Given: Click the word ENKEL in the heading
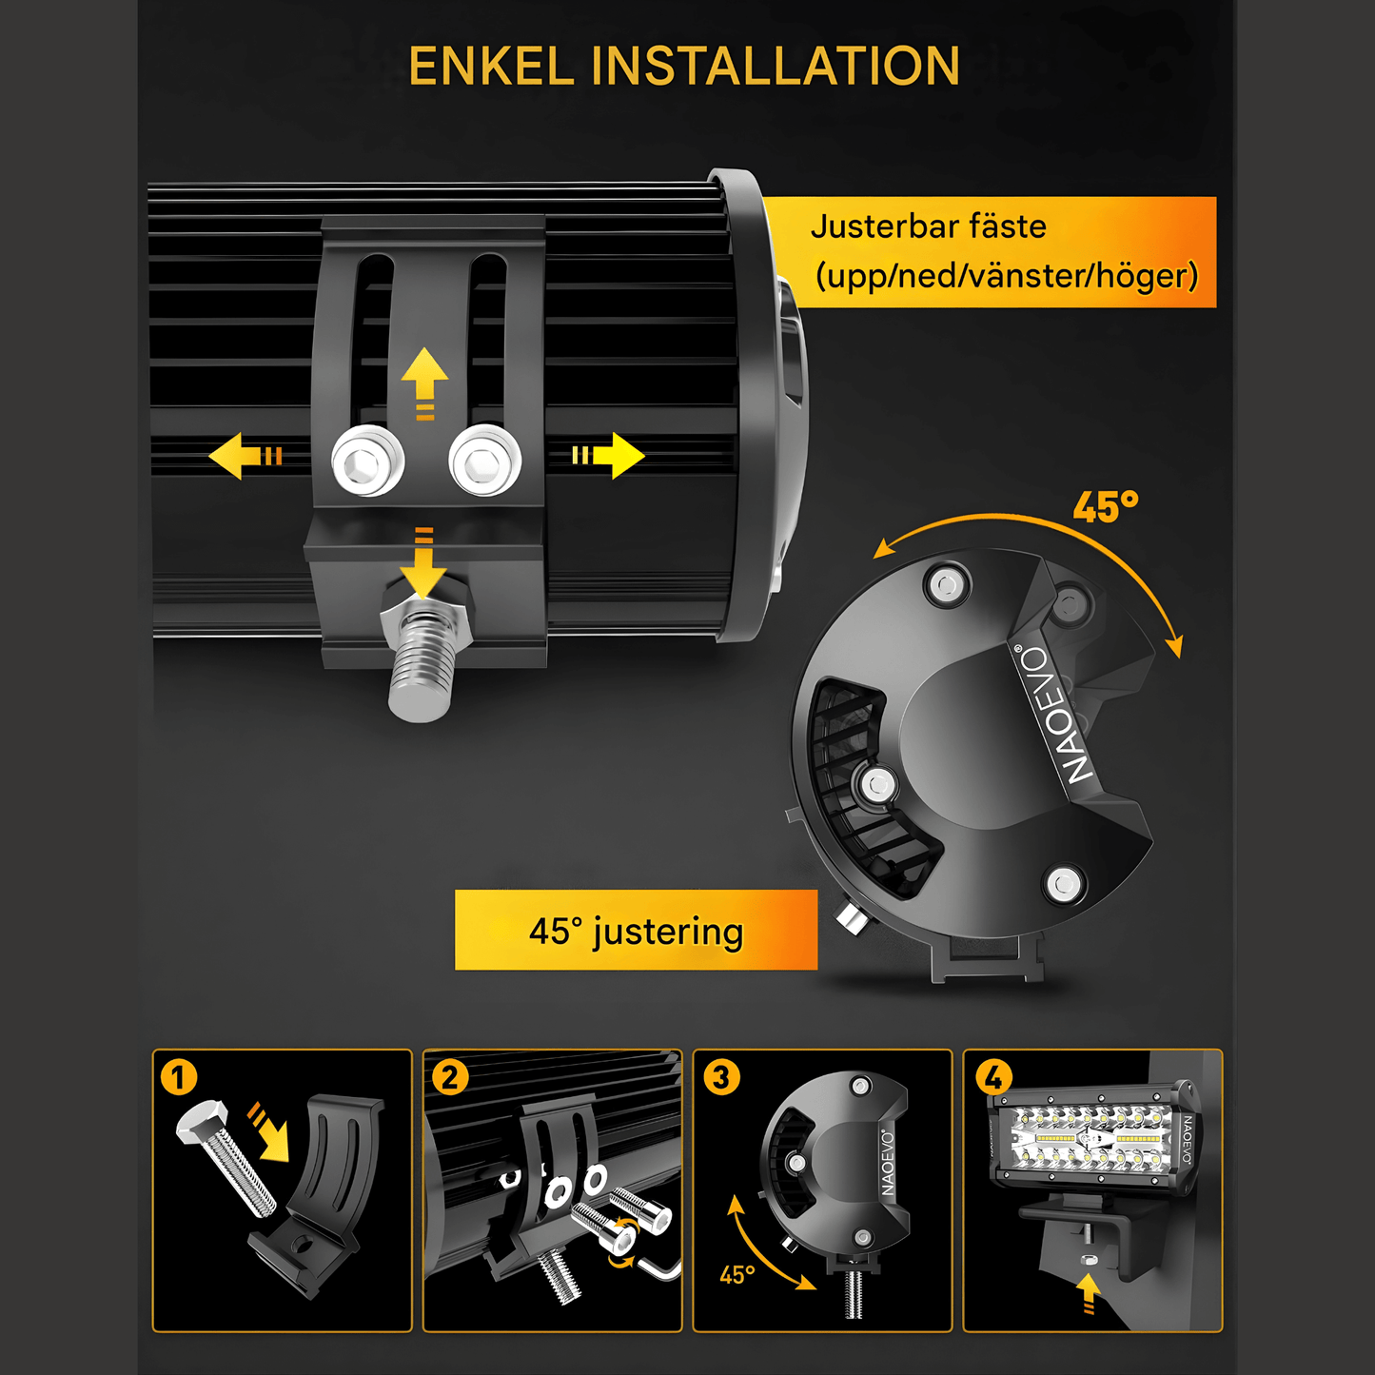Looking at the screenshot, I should point(491,67).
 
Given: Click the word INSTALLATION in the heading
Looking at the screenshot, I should point(776,67).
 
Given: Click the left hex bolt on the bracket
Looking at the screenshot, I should point(368,462).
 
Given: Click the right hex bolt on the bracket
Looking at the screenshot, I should point(485,462).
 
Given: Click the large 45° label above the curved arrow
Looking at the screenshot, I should point(1105,507).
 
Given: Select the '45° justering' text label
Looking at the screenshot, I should point(636,932).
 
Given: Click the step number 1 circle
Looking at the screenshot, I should point(179,1077).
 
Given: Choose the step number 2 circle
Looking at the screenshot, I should point(449,1077).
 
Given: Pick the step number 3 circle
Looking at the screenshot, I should point(721,1077).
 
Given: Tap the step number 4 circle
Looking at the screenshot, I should point(993,1077).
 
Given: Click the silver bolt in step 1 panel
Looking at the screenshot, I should point(227,1158).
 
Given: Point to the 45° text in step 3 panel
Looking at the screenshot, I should point(737,1274).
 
